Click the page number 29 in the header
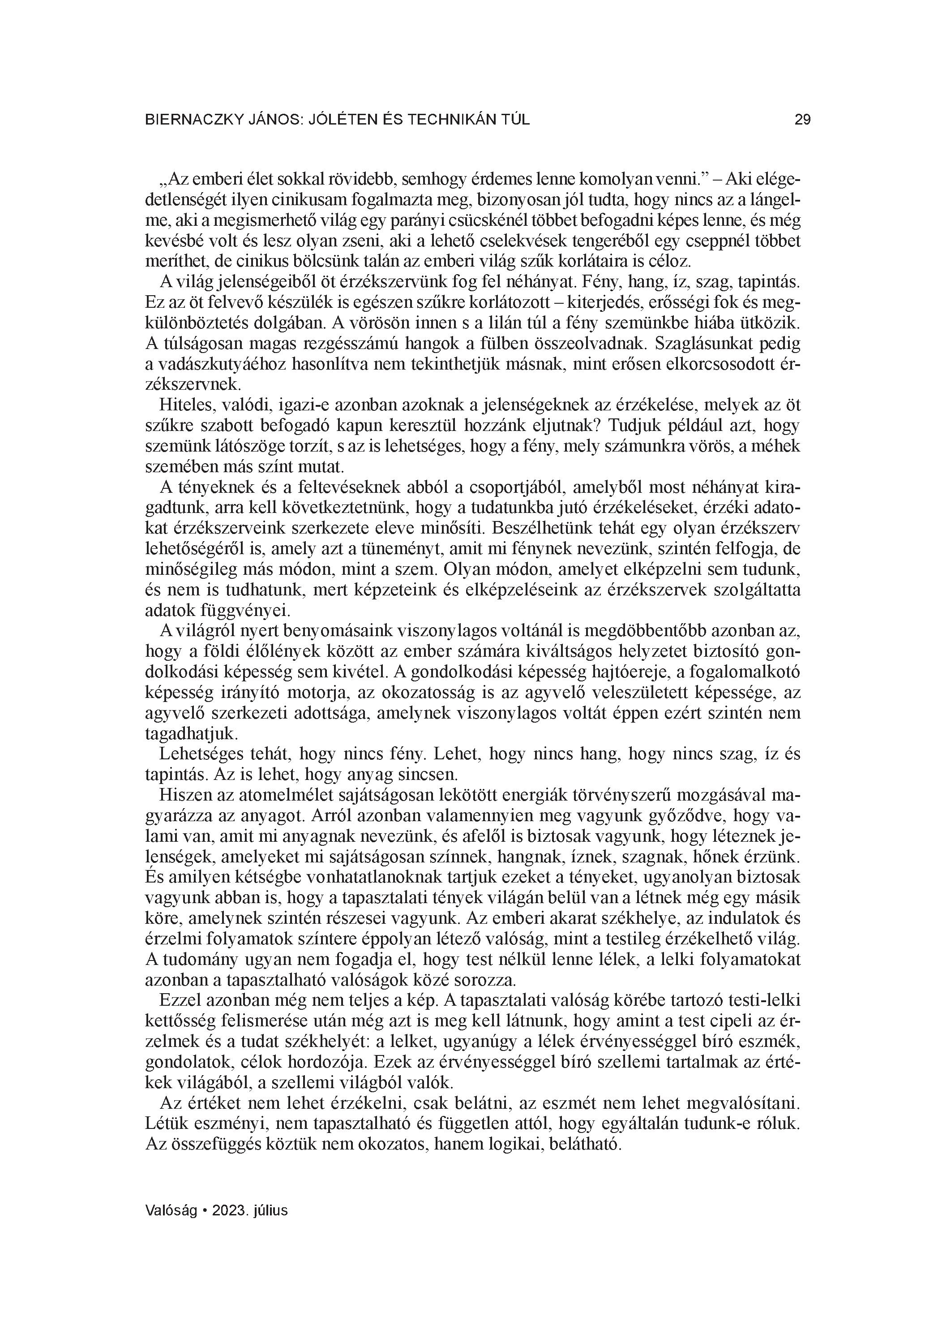click(802, 120)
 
